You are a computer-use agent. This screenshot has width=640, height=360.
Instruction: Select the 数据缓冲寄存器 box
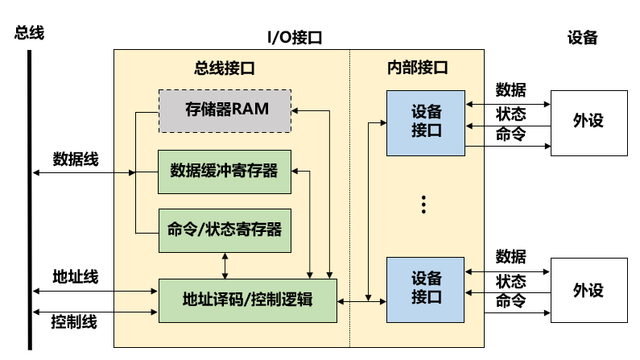(224, 171)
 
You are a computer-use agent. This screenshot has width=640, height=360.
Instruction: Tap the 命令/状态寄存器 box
(224, 230)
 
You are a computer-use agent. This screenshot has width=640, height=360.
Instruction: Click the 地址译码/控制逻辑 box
(247, 300)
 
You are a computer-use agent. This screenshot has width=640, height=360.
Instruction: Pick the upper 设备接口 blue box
(426, 122)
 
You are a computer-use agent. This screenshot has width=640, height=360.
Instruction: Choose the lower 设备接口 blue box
(426, 288)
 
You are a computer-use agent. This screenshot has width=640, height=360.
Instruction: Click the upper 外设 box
(588, 122)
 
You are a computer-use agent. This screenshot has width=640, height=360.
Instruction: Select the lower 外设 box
(588, 290)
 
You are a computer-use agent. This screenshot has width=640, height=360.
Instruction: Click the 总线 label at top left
(29, 33)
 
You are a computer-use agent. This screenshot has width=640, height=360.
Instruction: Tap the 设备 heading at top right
(583, 37)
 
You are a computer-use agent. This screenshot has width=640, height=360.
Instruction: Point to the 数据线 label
(76, 159)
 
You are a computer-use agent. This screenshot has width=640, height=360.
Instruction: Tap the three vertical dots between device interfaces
(425, 205)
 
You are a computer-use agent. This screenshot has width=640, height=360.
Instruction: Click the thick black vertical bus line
(30, 201)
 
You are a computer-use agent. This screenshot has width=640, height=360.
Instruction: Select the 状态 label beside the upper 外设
(510, 114)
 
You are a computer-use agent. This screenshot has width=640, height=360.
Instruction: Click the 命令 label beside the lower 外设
(510, 302)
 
